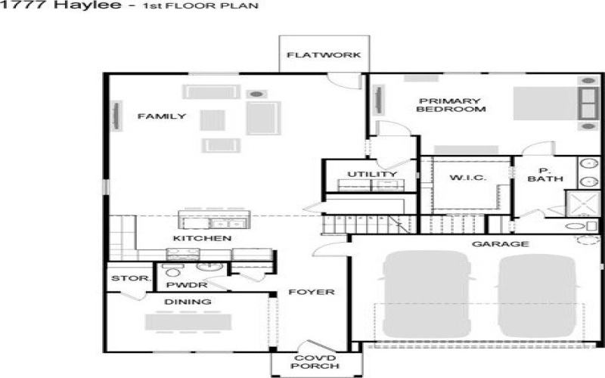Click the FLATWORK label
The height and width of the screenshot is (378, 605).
pos(324,55)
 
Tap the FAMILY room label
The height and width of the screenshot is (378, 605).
pos(161,116)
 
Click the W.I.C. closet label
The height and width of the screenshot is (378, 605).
pos(467,178)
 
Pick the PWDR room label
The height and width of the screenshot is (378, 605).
pos(181,286)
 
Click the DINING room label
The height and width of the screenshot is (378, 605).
pos(188,302)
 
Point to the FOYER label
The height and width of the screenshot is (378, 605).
pos(310,292)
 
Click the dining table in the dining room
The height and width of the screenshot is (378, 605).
pos(188,321)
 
